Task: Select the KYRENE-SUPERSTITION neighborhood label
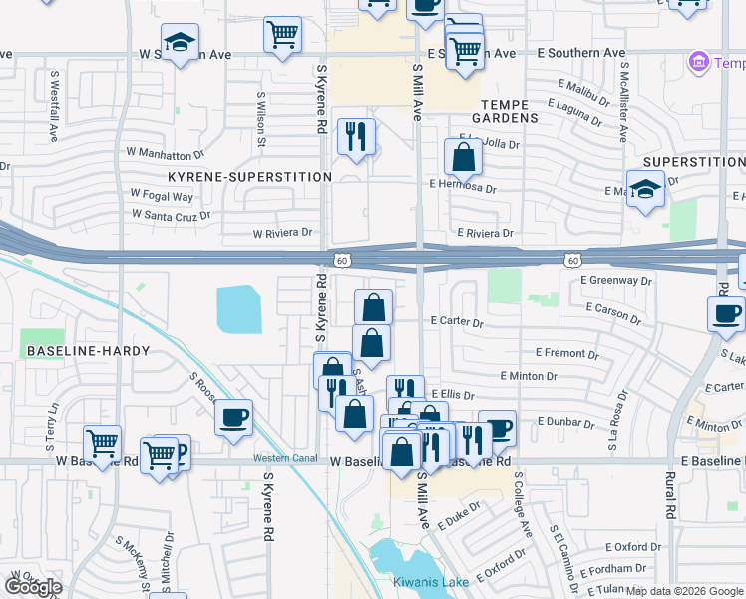(x=249, y=177)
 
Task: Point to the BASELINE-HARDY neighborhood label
(x=88, y=351)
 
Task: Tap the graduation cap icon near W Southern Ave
(x=181, y=44)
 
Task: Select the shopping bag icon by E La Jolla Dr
(x=464, y=157)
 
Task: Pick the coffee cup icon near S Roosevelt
(x=233, y=417)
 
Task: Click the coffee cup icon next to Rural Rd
(x=725, y=313)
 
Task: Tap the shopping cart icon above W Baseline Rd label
(x=102, y=442)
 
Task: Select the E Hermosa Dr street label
(x=463, y=186)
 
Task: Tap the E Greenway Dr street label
(x=616, y=281)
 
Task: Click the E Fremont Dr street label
(x=565, y=353)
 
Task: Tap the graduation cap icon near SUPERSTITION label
(x=645, y=188)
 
